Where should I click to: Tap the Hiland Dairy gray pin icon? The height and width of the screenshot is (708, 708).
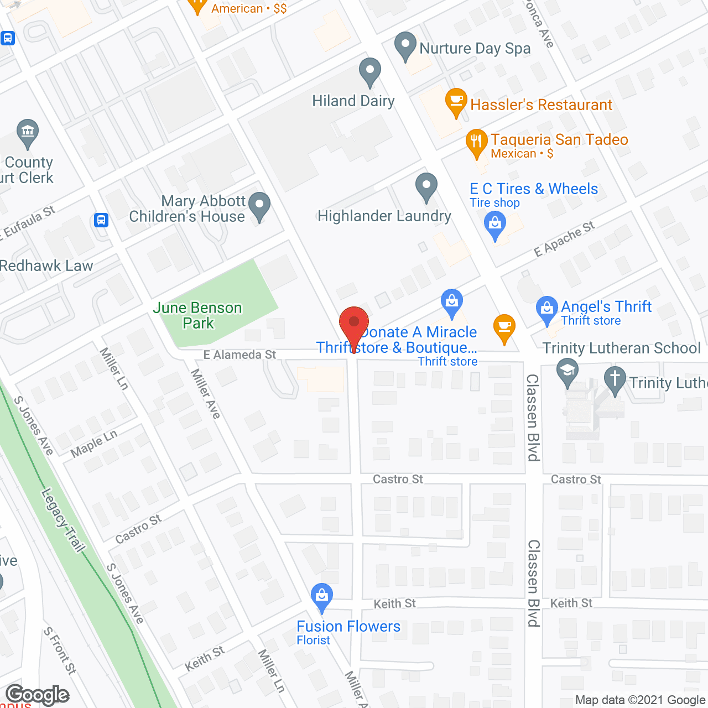pyautogui.click(x=370, y=71)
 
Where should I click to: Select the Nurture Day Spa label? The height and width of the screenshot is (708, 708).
pyautogui.click(x=475, y=49)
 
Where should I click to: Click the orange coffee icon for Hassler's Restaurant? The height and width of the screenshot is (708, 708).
pyautogui.click(x=456, y=101)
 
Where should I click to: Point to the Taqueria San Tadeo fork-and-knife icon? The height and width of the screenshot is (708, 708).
pyautogui.click(x=476, y=142)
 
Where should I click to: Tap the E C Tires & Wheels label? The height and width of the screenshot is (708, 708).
pyautogui.click(x=534, y=189)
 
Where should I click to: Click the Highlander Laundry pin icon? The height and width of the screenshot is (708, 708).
pyautogui.click(x=426, y=186)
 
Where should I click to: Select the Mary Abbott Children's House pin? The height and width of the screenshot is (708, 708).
pyautogui.click(x=259, y=205)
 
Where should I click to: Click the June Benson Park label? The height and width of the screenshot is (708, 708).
pyautogui.click(x=197, y=315)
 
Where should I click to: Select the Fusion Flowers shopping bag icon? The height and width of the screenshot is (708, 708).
pyautogui.click(x=321, y=597)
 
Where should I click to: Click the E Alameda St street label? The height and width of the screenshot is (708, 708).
pyautogui.click(x=240, y=355)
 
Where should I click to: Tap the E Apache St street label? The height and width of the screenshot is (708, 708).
pyautogui.click(x=564, y=240)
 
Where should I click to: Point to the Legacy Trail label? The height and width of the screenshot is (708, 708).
pyautogui.click(x=64, y=519)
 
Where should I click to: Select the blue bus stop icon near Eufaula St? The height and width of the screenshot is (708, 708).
pyautogui.click(x=101, y=220)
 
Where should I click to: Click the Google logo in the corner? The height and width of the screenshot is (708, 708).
pyautogui.click(x=37, y=695)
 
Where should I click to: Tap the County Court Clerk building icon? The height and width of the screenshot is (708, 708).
pyautogui.click(x=27, y=132)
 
